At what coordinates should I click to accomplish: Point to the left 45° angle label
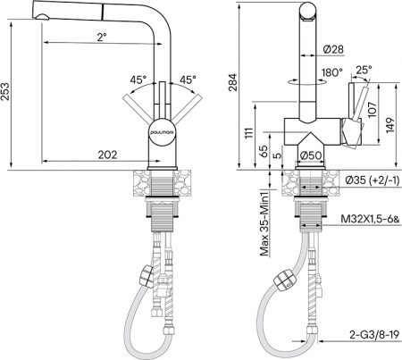[x=138, y=80]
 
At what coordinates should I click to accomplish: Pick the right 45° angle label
[x=188, y=80]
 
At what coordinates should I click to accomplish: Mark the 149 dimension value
[x=389, y=126]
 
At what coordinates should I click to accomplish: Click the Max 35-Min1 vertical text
[x=264, y=224]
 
